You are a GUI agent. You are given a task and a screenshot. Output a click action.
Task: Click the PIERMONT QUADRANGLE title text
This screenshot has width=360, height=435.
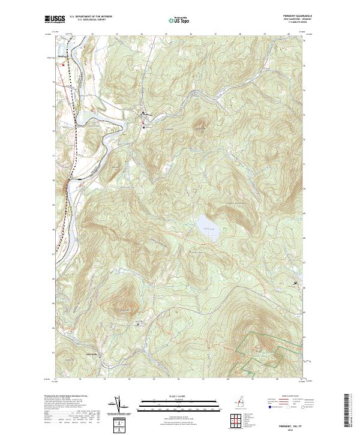292,16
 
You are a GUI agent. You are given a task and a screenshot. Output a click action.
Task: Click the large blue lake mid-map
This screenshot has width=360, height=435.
206,229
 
